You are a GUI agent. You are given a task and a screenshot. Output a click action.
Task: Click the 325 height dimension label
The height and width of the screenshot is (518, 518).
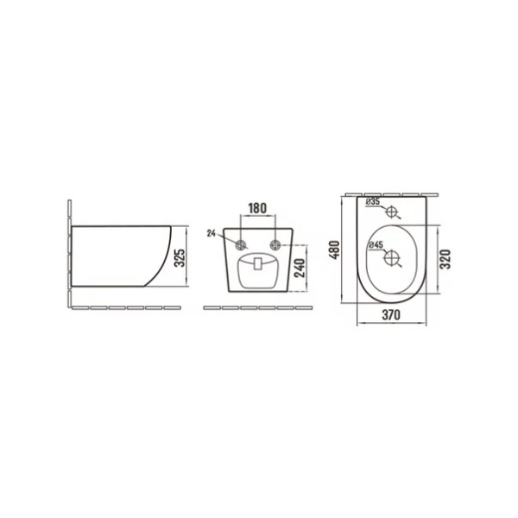click(x=180, y=257)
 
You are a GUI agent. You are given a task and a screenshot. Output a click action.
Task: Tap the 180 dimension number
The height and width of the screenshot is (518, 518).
click(x=257, y=208)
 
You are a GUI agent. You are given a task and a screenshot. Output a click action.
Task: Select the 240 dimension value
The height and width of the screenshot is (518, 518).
click(x=300, y=268)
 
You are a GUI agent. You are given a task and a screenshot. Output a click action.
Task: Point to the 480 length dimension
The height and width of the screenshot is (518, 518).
click(x=335, y=250)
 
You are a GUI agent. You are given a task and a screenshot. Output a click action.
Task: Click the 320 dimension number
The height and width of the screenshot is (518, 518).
click(x=445, y=259)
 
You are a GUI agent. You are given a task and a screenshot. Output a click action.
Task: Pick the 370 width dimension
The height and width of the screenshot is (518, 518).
click(x=391, y=315)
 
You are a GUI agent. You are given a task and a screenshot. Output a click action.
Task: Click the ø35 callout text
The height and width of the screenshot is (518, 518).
click(x=373, y=201)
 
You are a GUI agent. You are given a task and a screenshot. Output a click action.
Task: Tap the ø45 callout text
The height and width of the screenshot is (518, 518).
click(x=376, y=245)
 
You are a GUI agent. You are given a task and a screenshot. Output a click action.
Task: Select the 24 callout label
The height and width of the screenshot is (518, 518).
click(x=212, y=234)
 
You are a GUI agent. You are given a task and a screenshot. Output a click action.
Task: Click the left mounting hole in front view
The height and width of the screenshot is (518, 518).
click(x=241, y=245)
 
